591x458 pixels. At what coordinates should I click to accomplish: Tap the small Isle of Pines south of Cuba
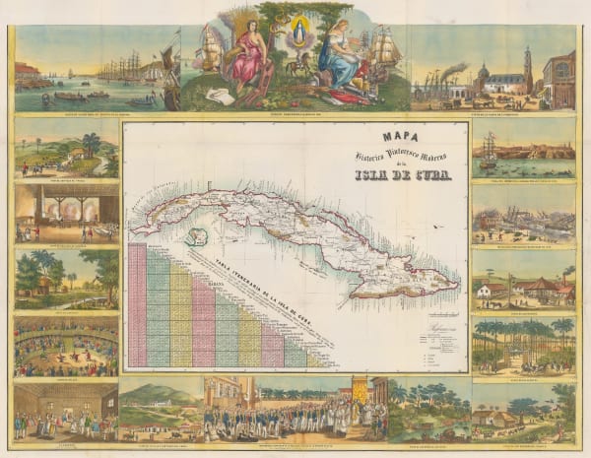tap(199, 236)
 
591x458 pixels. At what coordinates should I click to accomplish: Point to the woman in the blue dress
tap(341, 61)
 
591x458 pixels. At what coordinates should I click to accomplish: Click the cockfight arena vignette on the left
tap(66, 346)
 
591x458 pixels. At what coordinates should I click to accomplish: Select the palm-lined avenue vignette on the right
tap(523, 344)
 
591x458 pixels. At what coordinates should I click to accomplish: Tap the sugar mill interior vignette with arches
tap(66, 212)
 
